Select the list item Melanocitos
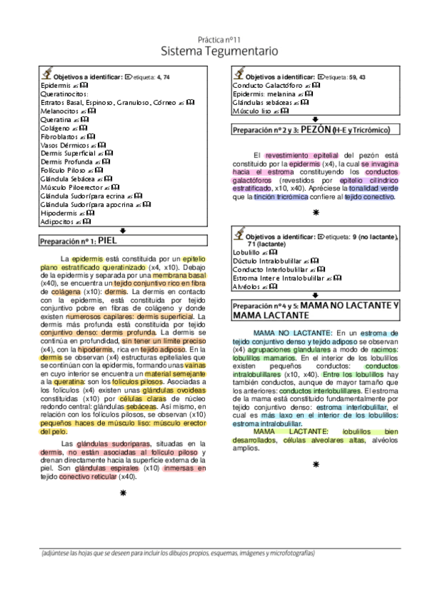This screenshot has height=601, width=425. tap(60, 111)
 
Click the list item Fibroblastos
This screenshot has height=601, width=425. tap(59, 137)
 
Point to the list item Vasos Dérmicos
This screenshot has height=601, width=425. tap(65, 145)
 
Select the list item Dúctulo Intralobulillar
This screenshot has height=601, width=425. tap(272, 261)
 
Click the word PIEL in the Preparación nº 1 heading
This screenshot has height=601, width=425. tap(107, 241)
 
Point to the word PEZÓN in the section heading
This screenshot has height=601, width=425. tap(317, 131)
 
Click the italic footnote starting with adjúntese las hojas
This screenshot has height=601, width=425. tap(177, 553)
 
